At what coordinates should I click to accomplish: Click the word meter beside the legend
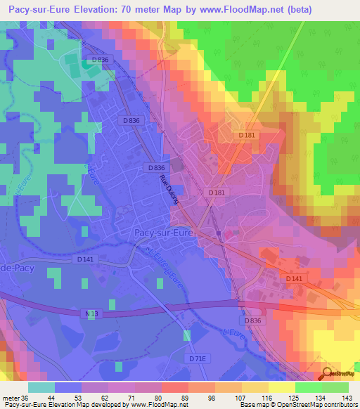click(11, 398)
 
